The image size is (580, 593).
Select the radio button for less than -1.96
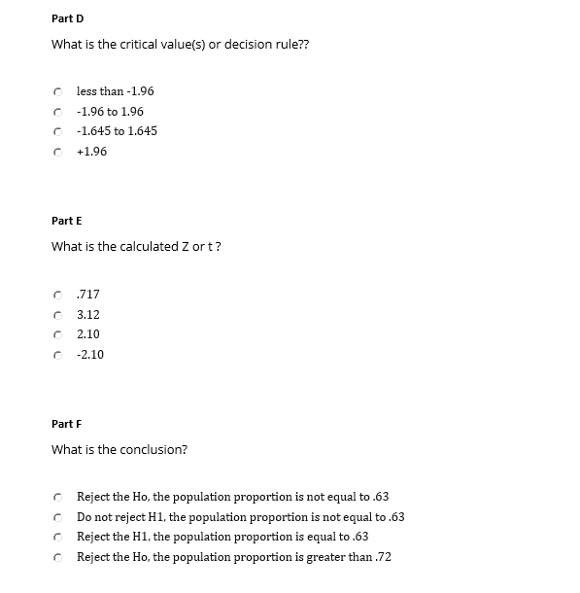point(58,91)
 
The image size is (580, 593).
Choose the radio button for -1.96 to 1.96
point(58,112)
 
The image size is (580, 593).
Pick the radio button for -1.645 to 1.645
point(58,131)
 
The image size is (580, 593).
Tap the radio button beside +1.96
point(58,152)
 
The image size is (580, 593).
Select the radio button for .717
point(58,295)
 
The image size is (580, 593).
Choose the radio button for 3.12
point(58,315)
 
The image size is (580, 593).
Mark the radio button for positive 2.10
point(58,334)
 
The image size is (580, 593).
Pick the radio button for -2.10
point(58,355)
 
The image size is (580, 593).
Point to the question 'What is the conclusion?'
point(119,450)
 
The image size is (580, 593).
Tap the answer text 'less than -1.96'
point(115,91)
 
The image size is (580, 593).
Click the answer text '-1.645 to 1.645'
point(117,131)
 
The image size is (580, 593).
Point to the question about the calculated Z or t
point(136,247)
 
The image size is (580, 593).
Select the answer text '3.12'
point(87,315)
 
